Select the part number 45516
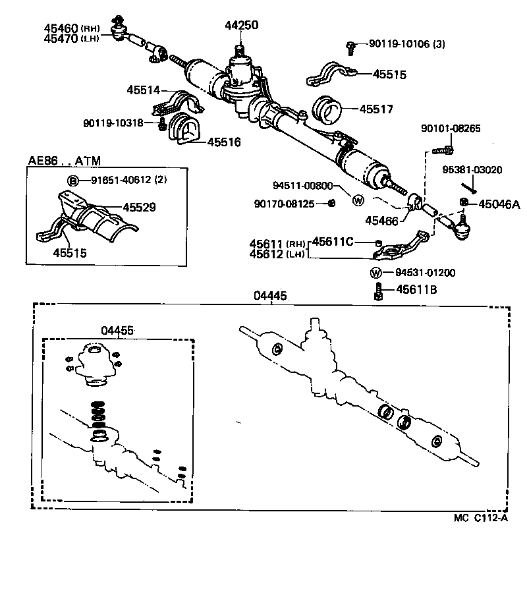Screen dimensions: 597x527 (x=224, y=142)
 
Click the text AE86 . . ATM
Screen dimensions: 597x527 (x=61, y=161)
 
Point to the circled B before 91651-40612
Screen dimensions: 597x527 (x=73, y=181)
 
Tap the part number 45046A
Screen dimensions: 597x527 (x=499, y=205)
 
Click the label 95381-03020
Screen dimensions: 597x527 (x=472, y=170)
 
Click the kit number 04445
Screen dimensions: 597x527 (x=270, y=297)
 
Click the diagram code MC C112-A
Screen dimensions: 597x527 (x=480, y=518)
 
